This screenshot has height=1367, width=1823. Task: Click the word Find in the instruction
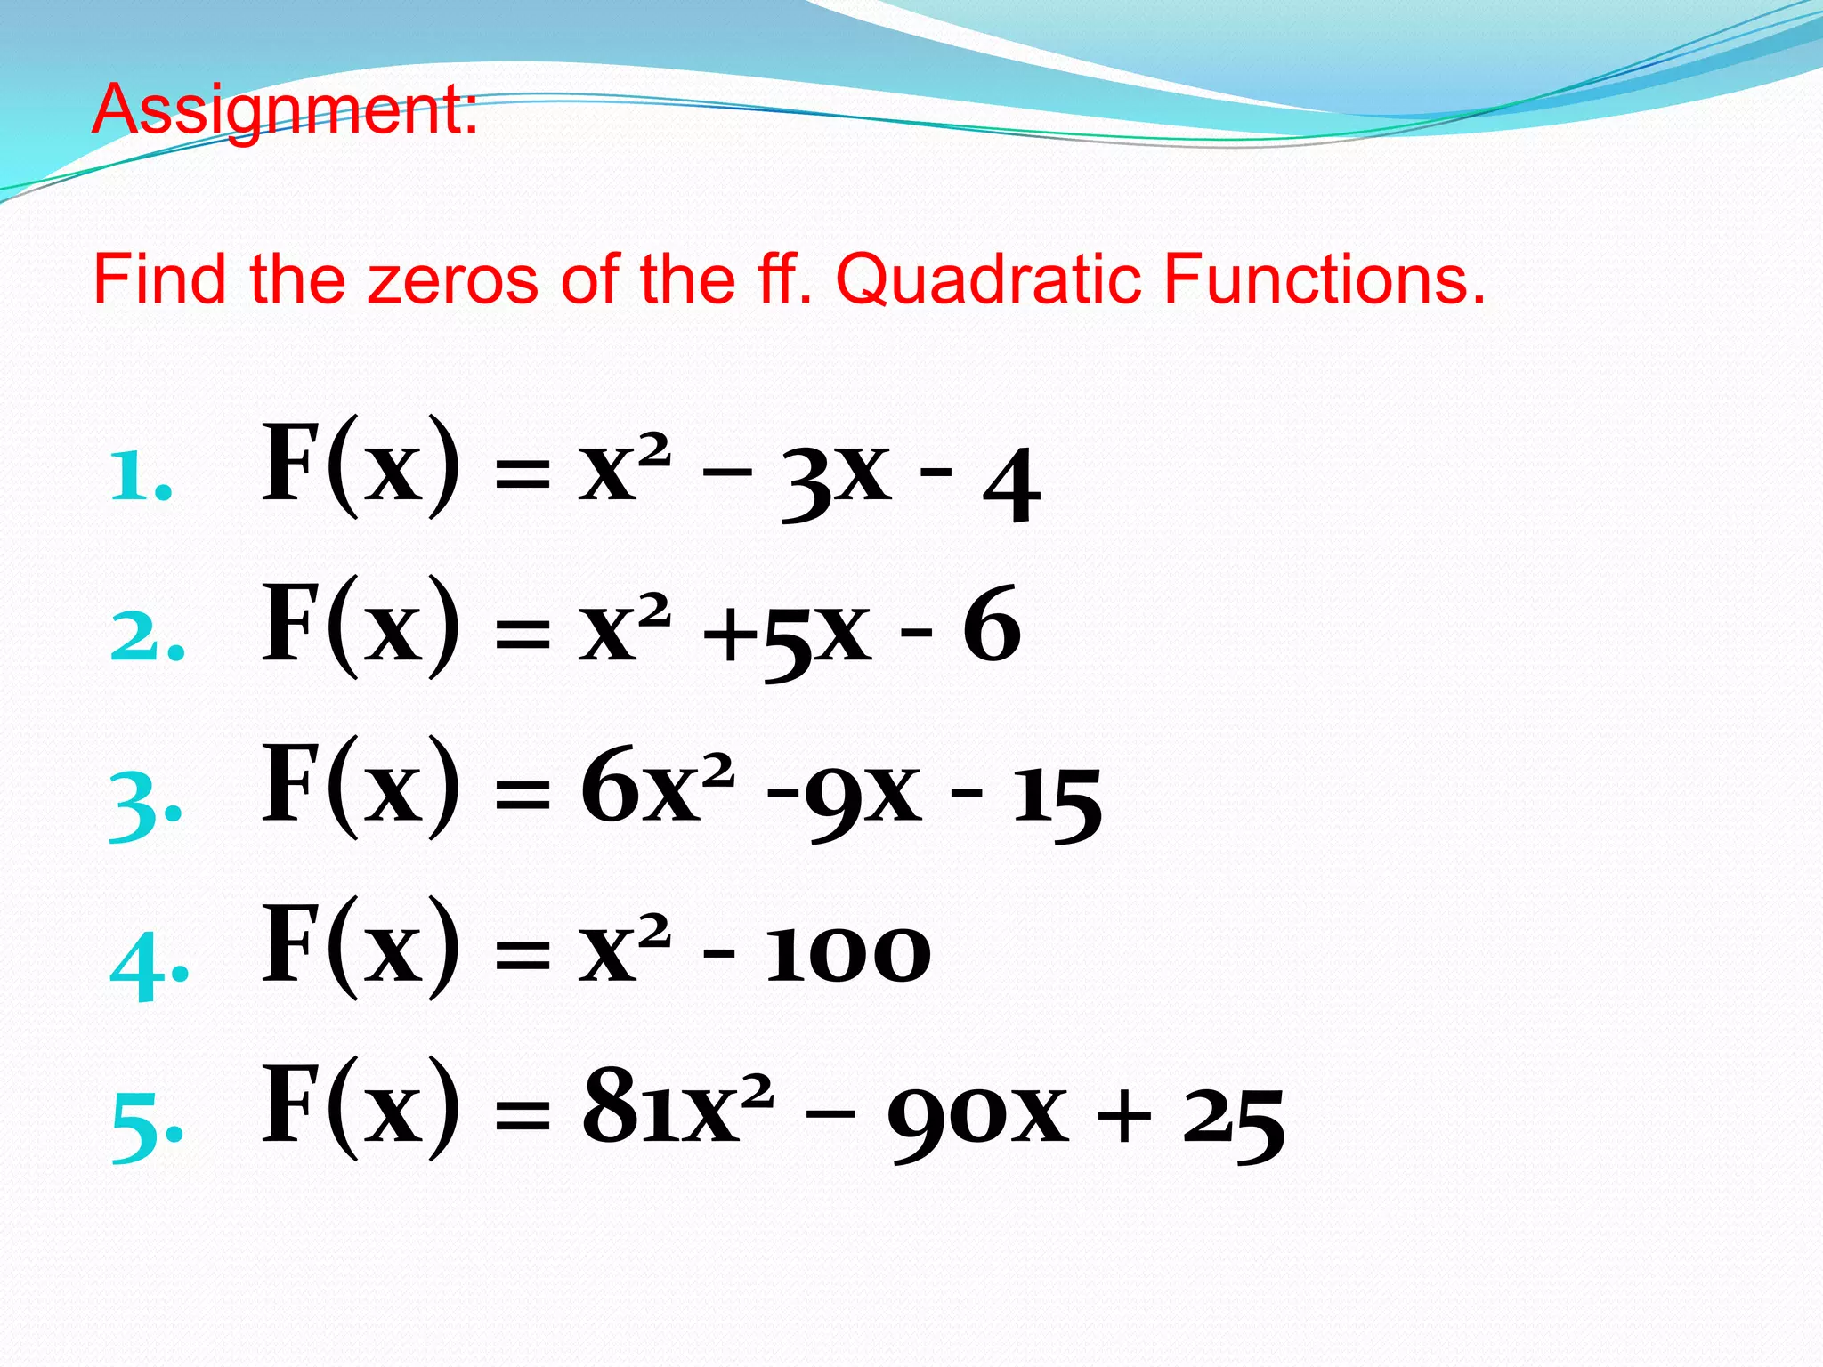click(x=159, y=279)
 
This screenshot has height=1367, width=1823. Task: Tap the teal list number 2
click(x=146, y=637)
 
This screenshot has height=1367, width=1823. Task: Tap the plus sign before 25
click(x=1123, y=1118)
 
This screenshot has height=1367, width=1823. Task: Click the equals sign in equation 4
click(x=523, y=957)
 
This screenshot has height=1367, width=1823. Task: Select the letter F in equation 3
click(x=290, y=783)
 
